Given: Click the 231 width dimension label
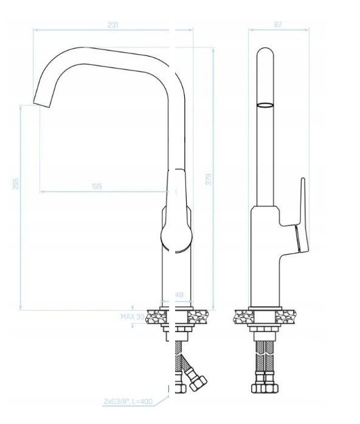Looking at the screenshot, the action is (113, 25).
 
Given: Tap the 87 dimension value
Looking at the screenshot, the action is (278, 24).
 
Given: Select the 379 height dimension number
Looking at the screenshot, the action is (209, 179).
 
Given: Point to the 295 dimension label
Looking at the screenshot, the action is (16, 183).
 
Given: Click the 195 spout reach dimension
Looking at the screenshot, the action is (97, 186).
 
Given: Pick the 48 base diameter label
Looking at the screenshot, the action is (179, 294).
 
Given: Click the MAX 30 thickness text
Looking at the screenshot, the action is (133, 317).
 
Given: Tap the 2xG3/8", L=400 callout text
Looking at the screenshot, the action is (128, 401).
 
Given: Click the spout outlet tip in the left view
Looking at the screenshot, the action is (41, 104).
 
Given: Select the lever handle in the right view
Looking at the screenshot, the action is (303, 217).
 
